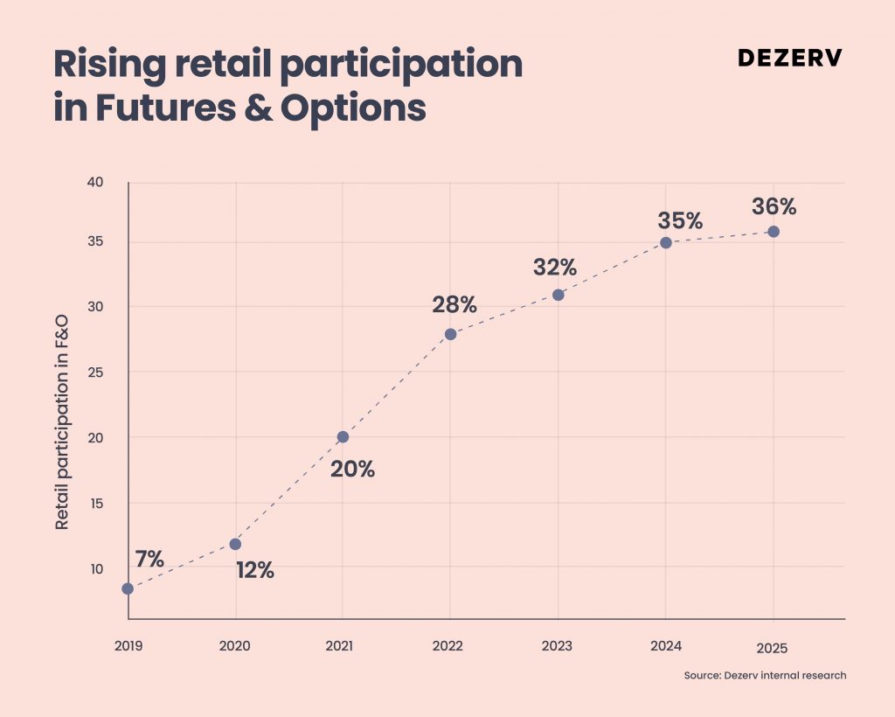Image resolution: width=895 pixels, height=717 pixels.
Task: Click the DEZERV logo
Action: point(790,58)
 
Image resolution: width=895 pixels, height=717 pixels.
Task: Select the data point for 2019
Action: point(128,588)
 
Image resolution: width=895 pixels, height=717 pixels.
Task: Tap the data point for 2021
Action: point(343,437)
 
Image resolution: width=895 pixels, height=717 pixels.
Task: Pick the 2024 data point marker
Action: point(665,242)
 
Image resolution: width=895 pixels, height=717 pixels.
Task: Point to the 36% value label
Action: point(774,206)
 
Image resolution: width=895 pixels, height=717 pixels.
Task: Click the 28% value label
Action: point(454,305)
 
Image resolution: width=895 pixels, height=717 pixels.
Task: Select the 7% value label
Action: point(150,559)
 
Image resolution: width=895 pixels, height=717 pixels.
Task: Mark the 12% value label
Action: point(255,570)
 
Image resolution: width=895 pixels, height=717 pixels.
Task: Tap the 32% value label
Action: point(555,268)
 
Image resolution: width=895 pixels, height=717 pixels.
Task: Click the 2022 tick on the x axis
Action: point(447,645)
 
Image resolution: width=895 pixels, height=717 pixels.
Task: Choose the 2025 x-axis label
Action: point(773,648)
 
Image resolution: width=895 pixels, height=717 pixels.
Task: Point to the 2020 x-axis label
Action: point(234,645)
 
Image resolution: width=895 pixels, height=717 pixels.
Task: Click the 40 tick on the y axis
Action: point(94,182)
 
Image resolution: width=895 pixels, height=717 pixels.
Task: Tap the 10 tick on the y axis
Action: point(96,568)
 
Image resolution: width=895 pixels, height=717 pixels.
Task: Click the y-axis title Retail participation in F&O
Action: point(62,421)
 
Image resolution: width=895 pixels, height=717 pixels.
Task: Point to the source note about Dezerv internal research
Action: point(766,675)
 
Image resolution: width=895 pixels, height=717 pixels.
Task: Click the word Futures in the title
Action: point(165,107)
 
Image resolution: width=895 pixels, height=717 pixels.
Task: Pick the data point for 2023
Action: point(559,296)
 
